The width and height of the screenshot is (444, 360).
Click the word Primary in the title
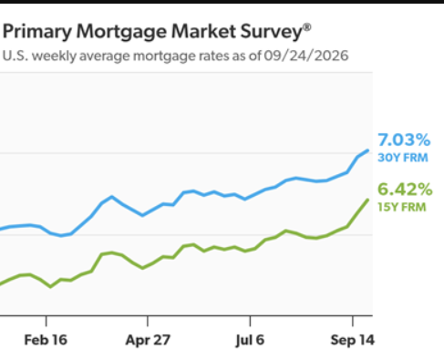[37, 32]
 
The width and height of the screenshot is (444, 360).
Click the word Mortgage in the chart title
[122, 32]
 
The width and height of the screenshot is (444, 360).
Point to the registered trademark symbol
[307, 27]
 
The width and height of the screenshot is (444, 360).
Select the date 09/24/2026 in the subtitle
[305, 56]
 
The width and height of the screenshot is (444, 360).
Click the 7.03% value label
[404, 140]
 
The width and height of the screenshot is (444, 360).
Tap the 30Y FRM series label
[403, 158]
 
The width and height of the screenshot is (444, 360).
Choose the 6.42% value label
[405, 190]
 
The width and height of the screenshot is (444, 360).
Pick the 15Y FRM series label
[402, 207]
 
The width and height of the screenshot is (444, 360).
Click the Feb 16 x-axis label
[46, 340]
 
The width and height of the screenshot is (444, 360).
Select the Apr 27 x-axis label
[148, 340]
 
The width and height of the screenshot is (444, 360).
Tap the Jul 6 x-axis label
[250, 340]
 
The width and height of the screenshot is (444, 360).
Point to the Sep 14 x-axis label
[353, 340]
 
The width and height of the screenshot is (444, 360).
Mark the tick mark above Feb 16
[46, 321]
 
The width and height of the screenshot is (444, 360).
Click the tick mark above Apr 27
[148, 321]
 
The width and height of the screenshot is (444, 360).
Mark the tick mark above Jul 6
[250, 321]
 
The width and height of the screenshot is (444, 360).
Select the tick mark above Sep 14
[353, 321]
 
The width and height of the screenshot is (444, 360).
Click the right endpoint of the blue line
[367, 150]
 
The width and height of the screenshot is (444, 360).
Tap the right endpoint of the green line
[367, 200]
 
